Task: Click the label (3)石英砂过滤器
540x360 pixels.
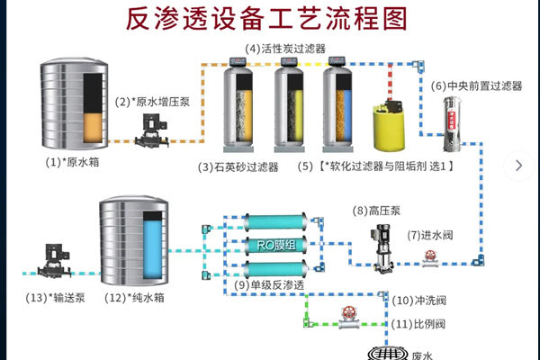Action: tap(238, 167)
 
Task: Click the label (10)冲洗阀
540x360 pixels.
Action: tap(418, 300)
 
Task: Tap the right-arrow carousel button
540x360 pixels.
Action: tap(518, 164)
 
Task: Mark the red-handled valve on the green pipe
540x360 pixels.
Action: tap(346, 315)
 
